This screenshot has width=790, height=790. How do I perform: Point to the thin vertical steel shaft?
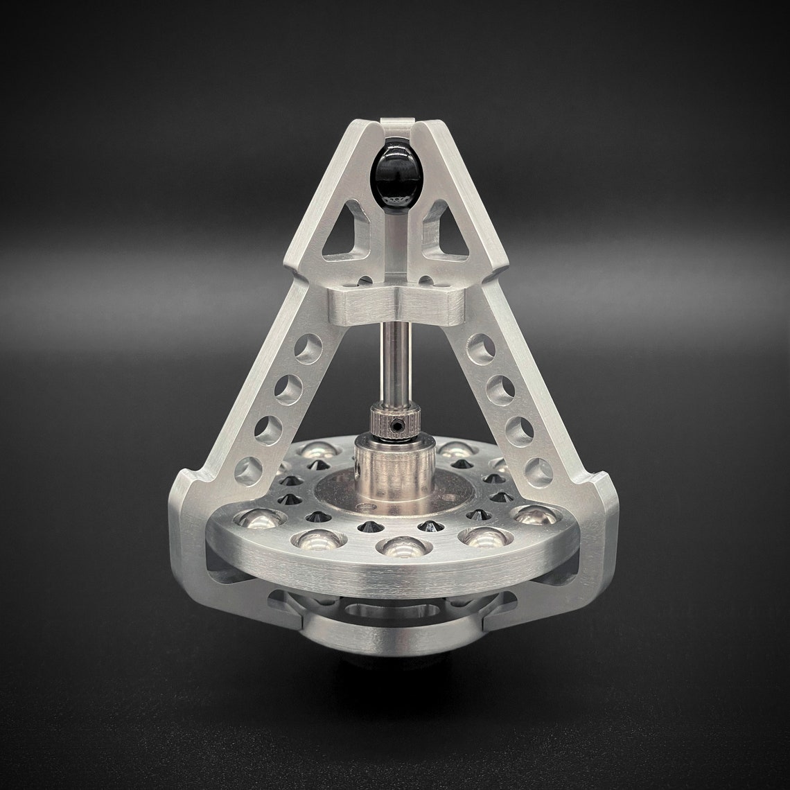(x=395, y=367)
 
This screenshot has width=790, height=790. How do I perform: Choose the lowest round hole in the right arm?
(x=539, y=471)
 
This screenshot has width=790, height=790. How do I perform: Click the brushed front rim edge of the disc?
(x=395, y=575)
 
